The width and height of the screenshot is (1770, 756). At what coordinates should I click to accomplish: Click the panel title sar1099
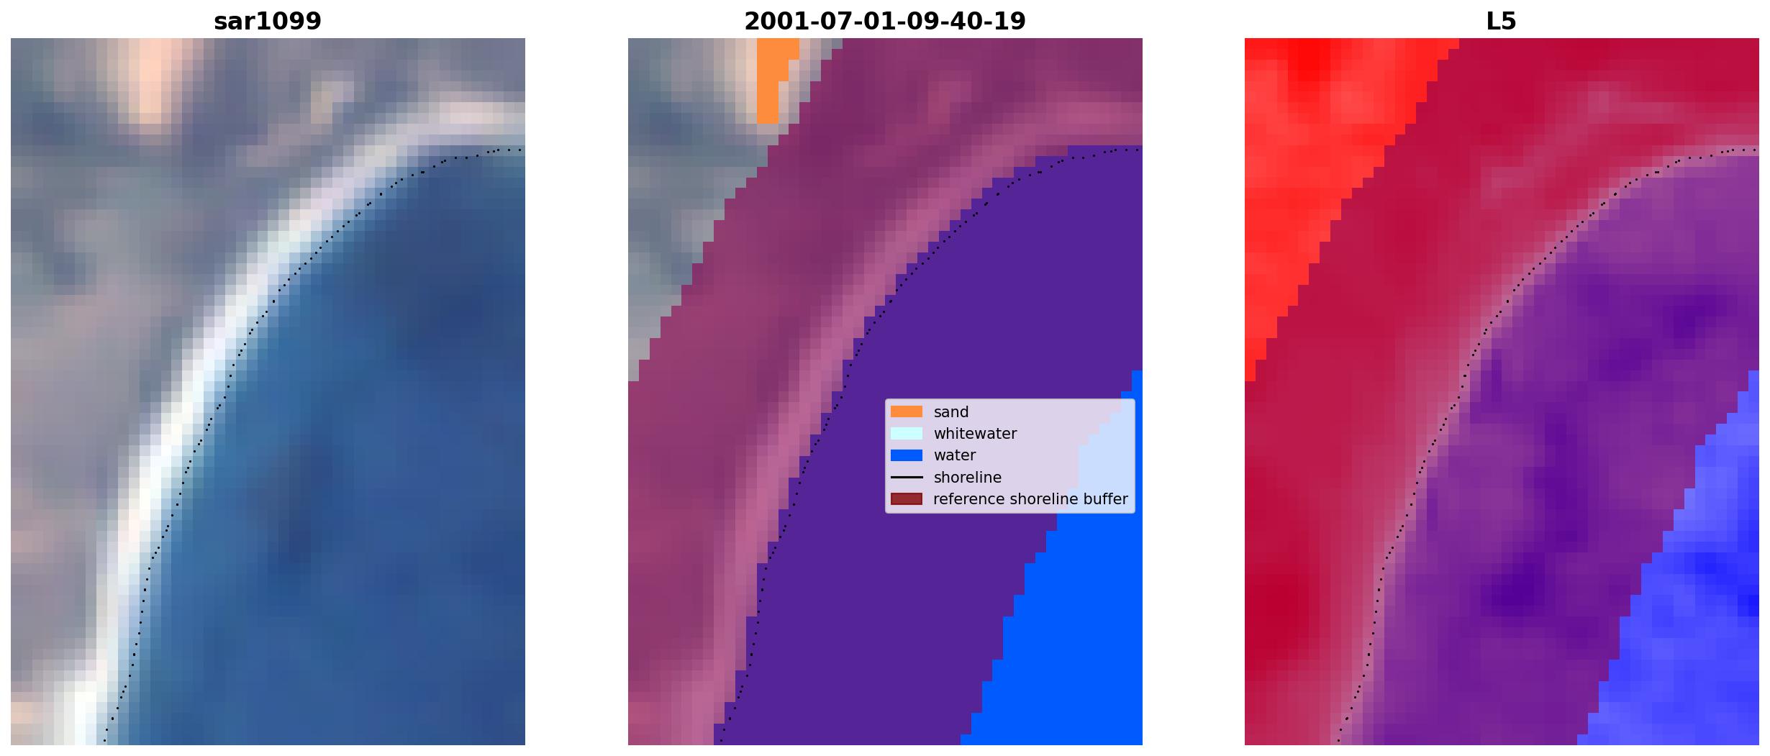tap(268, 22)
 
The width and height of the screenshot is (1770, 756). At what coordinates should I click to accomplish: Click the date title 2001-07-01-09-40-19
tap(884, 22)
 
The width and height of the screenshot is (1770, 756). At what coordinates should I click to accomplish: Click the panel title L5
tap(1501, 22)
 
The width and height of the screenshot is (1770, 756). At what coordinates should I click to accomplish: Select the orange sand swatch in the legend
tap(907, 412)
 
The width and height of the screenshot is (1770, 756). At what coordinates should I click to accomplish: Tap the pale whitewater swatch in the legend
tap(907, 434)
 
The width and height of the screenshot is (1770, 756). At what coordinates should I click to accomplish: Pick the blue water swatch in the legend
tap(907, 455)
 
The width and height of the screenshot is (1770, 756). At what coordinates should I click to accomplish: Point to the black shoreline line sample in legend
tap(907, 478)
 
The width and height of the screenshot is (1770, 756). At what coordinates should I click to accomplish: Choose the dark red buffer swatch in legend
tap(907, 499)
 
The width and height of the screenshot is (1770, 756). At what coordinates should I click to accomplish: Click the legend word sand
tap(951, 412)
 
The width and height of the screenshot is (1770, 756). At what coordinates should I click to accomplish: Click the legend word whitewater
tap(975, 434)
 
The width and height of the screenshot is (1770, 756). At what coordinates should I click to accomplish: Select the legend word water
tap(955, 455)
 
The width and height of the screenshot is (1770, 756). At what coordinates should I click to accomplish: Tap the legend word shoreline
tap(968, 478)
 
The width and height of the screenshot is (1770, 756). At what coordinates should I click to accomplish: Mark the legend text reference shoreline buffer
tap(1030, 499)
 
